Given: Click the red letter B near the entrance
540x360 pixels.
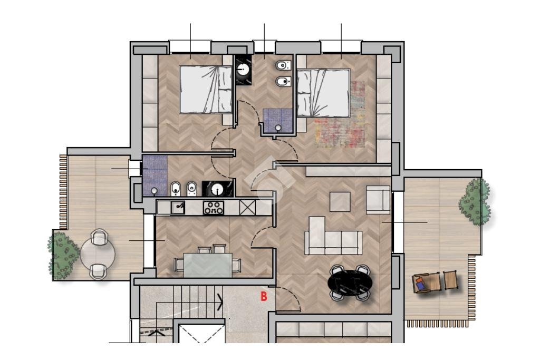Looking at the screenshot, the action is point(264,296).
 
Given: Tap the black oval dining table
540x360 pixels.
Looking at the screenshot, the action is point(350,283).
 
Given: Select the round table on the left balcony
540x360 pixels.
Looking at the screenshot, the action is point(98,255).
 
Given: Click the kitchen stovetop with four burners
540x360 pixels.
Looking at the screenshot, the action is point(213,208).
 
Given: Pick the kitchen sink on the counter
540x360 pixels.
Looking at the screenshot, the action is point(178,208).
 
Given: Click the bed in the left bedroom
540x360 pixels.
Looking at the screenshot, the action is point(206,89).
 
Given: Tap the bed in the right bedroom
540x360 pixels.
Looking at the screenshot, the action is point(323,93).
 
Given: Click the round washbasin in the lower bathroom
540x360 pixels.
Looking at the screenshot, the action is point(217,189).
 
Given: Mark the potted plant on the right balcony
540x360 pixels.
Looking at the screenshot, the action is point(475,202).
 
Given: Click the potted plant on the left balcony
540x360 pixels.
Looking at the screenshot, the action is point(63,255).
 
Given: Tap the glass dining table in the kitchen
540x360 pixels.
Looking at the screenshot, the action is point(208,265).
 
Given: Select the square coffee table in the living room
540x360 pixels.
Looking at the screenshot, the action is point(340,202).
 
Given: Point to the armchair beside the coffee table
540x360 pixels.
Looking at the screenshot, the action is point(378,200).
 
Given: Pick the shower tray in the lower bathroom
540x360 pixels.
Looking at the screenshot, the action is point(155,176).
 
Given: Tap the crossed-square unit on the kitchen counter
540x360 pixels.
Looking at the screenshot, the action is point(248,208).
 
